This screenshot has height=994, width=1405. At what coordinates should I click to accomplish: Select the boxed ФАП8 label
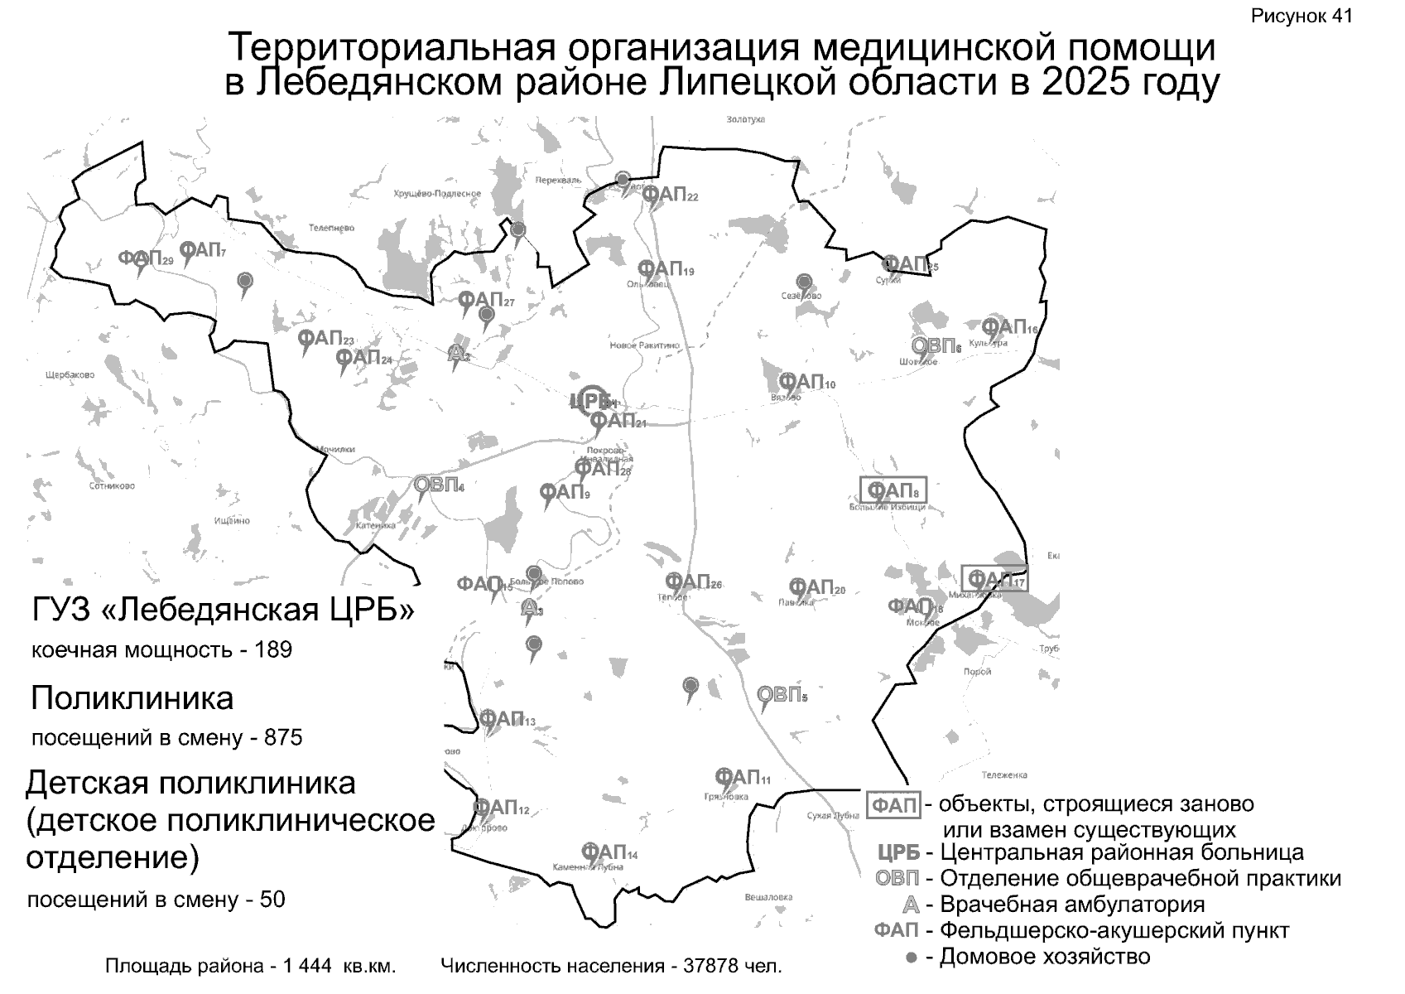(x=893, y=490)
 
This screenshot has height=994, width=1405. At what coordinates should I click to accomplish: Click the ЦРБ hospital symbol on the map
(x=592, y=402)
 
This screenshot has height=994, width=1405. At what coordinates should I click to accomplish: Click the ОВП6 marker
(x=935, y=345)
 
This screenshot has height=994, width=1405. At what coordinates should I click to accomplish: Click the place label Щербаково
(x=70, y=375)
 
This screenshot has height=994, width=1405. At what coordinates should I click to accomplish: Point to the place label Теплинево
(x=331, y=228)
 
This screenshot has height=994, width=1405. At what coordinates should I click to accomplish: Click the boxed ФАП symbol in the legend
(x=894, y=805)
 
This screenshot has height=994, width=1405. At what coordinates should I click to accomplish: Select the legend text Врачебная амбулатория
(x=1072, y=905)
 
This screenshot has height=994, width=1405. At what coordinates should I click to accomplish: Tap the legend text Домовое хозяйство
(x=1045, y=958)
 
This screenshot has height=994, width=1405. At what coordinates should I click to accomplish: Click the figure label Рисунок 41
(x=1302, y=17)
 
